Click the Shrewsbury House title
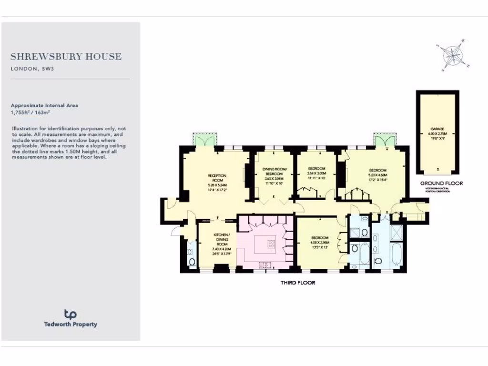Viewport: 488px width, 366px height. pos(66,57)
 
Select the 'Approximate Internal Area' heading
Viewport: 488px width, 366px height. pos(44,105)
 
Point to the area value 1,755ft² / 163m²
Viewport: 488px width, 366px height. pos(30,112)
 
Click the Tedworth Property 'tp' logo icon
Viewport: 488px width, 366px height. pos(70,314)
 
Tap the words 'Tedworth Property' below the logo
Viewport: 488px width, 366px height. pos(70,325)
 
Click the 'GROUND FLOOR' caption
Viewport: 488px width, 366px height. pos(441,183)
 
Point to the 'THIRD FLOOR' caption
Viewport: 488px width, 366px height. pos(298,283)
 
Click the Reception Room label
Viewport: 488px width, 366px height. pos(216,180)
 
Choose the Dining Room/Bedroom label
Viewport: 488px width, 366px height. pos(273,173)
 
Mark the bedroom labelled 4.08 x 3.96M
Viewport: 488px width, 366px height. pos(319,242)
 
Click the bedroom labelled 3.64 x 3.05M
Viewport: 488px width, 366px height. pos(316,173)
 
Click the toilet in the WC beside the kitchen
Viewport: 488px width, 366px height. pos(192,261)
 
